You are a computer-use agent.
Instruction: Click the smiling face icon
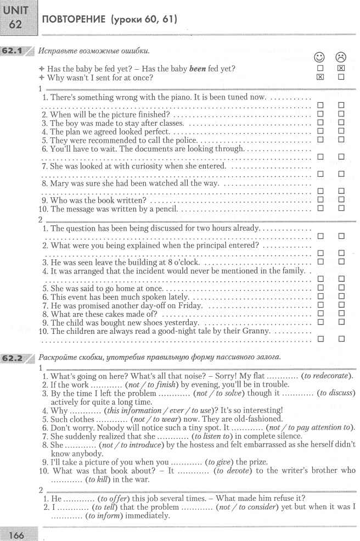tap(319, 58)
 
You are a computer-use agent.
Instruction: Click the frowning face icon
tap(341, 58)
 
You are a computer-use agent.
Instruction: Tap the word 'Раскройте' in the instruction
tap(58, 357)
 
